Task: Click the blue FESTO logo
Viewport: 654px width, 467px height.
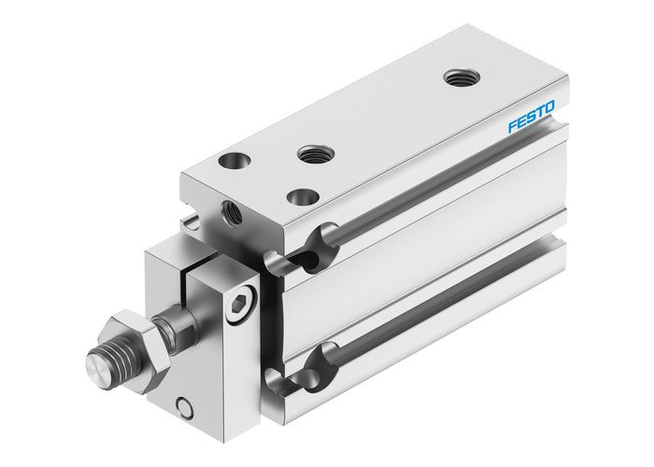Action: [x=531, y=120]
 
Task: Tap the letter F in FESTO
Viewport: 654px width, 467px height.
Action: [x=511, y=128]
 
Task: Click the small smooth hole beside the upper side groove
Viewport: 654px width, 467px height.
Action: [x=302, y=197]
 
